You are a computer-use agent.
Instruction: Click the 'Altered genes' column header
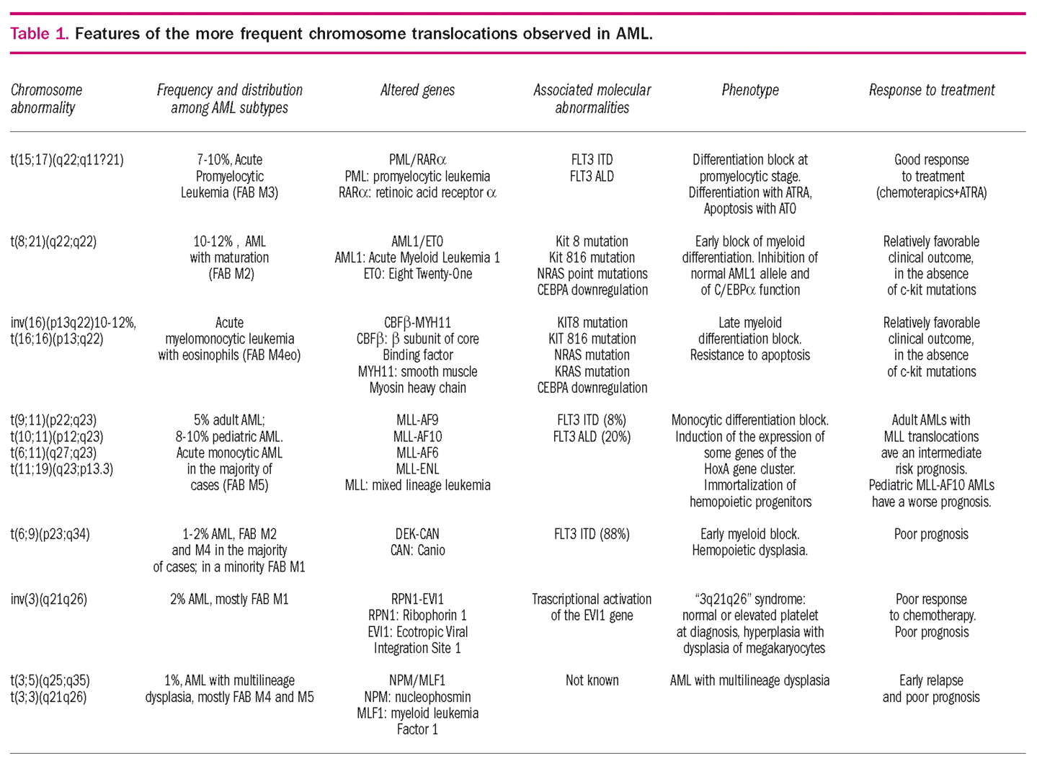[417, 90]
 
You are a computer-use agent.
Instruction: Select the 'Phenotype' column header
[749, 90]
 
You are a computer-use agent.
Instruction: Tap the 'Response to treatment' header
[931, 90]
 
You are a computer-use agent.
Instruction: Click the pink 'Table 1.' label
[40, 34]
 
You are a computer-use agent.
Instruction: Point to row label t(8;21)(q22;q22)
[53, 241]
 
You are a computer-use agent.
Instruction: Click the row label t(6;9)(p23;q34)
[50, 534]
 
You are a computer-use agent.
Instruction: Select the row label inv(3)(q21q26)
[48, 599]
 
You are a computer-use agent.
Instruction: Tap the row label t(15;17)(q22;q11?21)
[67, 160]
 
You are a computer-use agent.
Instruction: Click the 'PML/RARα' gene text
[417, 160]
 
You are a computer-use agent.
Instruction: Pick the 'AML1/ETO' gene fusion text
[417, 241]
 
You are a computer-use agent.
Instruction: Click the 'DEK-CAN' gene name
[417, 534]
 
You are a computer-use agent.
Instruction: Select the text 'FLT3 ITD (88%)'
[592, 534]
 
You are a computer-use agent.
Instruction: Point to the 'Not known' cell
[592, 680]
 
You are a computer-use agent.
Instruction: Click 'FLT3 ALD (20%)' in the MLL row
[592, 437]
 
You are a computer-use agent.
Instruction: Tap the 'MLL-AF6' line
[417, 453]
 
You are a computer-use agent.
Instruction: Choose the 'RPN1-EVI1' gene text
[417, 599]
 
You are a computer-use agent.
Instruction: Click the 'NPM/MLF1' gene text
[417, 680]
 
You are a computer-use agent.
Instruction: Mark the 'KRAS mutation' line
[592, 372]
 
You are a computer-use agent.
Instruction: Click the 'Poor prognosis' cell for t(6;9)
[931, 534]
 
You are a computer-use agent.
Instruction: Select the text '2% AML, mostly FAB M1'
[229, 599]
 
